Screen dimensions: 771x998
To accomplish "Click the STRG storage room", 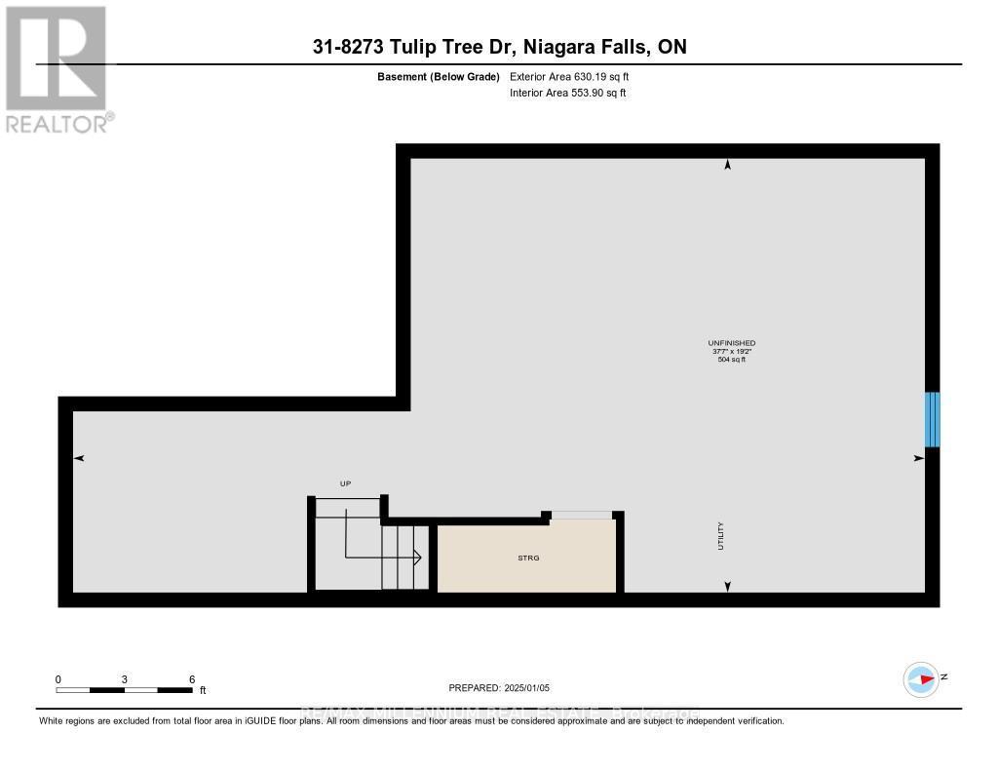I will (x=527, y=557).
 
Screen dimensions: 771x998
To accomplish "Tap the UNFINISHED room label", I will (x=731, y=343).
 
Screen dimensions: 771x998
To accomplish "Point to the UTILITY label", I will (x=721, y=537).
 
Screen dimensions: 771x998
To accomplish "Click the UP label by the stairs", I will (x=344, y=483).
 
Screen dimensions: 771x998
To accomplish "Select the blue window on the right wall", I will (x=932, y=419).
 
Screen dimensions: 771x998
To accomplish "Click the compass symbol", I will (x=921, y=678).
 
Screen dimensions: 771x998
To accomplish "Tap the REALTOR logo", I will (x=57, y=68).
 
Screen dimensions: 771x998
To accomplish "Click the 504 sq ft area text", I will (x=731, y=360).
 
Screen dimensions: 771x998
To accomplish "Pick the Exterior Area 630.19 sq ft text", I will (x=576, y=76).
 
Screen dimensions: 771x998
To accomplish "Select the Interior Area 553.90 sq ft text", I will (x=567, y=93).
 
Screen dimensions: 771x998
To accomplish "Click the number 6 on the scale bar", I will (x=192, y=679).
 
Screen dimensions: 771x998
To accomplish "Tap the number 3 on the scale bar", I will (x=125, y=679).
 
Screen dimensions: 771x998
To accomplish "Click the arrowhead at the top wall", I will (x=727, y=166).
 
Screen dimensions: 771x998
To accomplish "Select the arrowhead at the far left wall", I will (x=80, y=458).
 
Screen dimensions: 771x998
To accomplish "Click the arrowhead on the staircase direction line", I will (x=416, y=559).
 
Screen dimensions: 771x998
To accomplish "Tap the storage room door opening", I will (x=582, y=515).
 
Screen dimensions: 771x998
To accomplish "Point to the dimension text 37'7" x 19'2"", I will (x=731, y=352).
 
